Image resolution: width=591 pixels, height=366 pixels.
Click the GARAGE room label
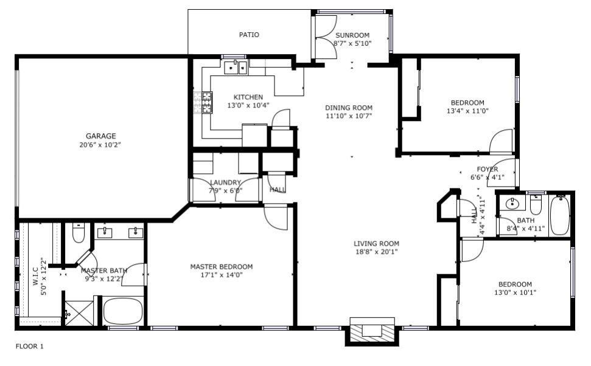(x=100, y=136)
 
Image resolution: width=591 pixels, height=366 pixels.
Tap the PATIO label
(x=248, y=35)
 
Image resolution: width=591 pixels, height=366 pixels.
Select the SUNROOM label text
(x=352, y=35)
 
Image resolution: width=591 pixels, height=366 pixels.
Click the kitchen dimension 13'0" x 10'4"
(x=248, y=106)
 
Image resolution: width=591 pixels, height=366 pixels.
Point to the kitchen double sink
(x=235, y=67)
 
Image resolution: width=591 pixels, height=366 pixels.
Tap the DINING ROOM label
(x=348, y=108)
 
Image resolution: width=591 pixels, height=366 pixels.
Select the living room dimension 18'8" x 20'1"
(x=376, y=252)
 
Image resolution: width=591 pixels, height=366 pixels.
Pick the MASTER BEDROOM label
(x=221, y=266)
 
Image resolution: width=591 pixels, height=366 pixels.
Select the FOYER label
(x=487, y=169)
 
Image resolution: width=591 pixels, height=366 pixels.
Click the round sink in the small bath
(x=511, y=204)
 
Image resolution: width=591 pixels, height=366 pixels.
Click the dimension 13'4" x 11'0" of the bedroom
(x=467, y=111)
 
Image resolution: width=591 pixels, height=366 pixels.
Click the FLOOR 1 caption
(x=29, y=347)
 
